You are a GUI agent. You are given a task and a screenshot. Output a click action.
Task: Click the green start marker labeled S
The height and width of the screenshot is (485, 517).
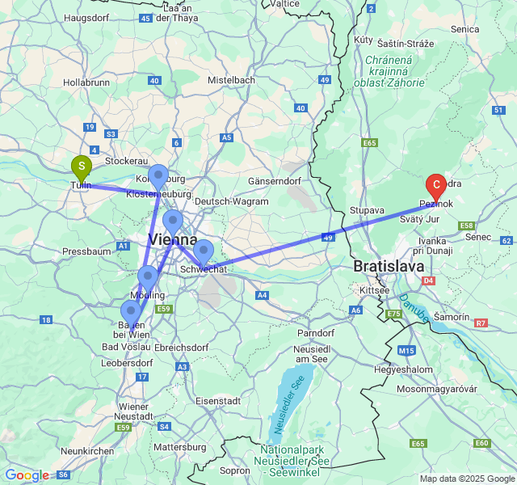click(x=82, y=167)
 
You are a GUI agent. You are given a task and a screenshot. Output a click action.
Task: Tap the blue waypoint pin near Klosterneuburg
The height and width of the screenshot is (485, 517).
click(x=158, y=175)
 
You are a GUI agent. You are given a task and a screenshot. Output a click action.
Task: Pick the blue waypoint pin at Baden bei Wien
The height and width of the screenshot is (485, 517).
click(x=130, y=312)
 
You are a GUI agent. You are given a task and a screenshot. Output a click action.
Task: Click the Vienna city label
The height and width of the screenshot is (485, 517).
click(x=172, y=239)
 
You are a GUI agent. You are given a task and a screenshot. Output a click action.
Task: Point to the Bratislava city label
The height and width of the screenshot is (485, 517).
click(x=389, y=265)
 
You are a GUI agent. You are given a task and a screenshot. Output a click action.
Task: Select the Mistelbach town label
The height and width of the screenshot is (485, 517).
click(x=232, y=80)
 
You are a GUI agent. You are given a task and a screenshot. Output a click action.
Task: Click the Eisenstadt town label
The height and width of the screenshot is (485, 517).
click(x=218, y=400)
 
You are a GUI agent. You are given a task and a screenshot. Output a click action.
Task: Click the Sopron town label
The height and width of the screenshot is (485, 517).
click(x=235, y=470)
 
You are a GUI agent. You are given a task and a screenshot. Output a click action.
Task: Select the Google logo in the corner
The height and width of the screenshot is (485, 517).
click(x=27, y=475)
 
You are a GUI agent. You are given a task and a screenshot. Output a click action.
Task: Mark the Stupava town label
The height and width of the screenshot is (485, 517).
click(x=367, y=210)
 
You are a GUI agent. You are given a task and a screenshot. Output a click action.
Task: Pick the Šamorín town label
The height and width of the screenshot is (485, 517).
click(x=450, y=318)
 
